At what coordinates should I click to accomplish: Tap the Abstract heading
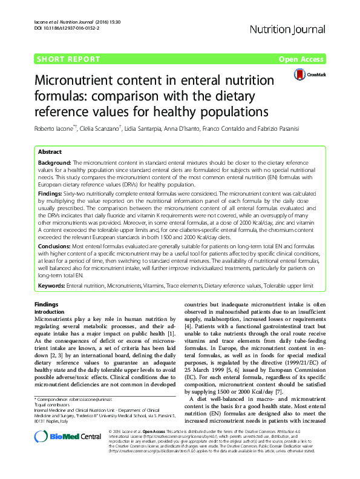[50, 154]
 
